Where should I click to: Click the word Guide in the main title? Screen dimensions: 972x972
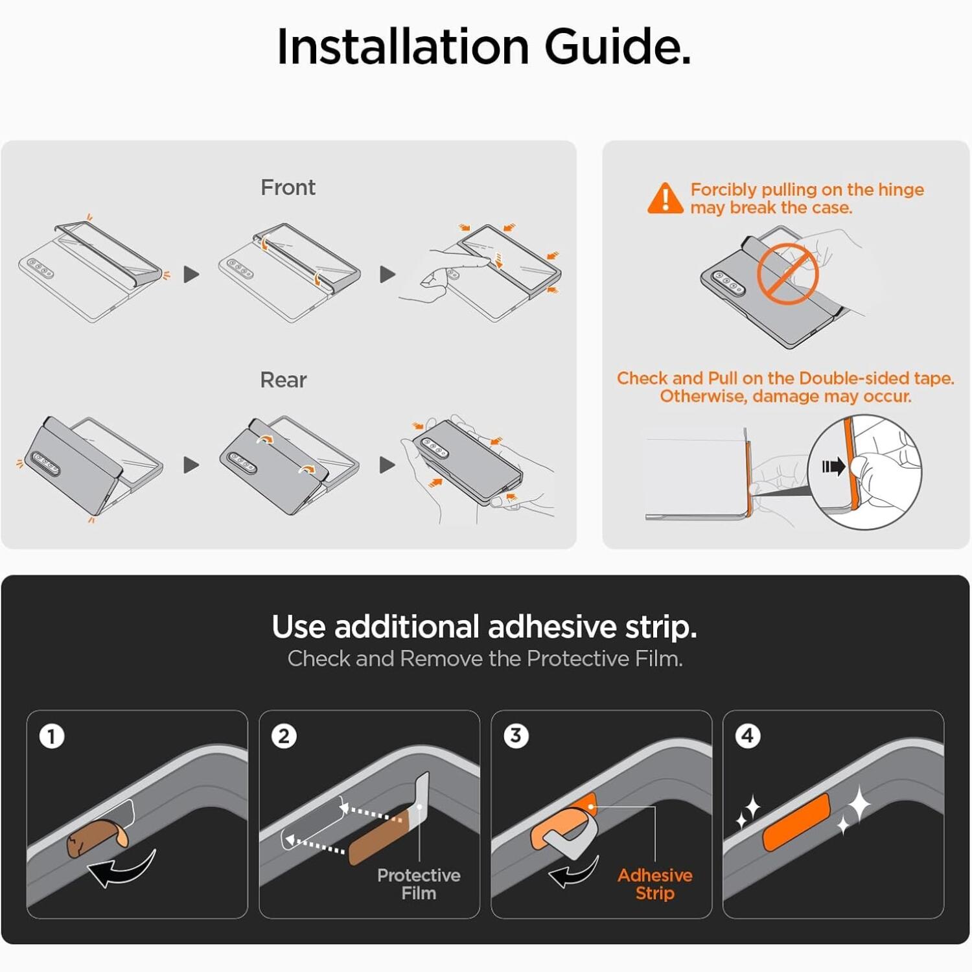[x=618, y=47]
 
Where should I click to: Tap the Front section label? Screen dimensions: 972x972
[x=288, y=187]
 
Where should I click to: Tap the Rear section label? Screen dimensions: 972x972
[x=283, y=380]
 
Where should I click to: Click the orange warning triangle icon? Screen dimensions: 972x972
[x=665, y=198]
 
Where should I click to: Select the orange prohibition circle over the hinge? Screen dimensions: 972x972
[x=787, y=274]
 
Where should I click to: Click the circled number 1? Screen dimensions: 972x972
[x=52, y=737]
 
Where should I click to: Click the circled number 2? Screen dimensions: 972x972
[x=284, y=736]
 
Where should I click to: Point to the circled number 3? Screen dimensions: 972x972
[x=516, y=736]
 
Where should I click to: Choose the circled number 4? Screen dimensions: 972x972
[x=748, y=736]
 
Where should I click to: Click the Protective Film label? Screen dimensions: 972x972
[x=419, y=884]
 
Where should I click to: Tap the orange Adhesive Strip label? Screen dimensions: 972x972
[x=655, y=884]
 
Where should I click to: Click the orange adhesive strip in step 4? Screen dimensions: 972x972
[x=796, y=822]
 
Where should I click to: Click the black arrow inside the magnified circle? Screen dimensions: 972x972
[x=834, y=467]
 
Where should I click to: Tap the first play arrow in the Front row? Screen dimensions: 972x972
[x=191, y=274]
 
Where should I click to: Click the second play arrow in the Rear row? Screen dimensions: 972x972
[x=387, y=465]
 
